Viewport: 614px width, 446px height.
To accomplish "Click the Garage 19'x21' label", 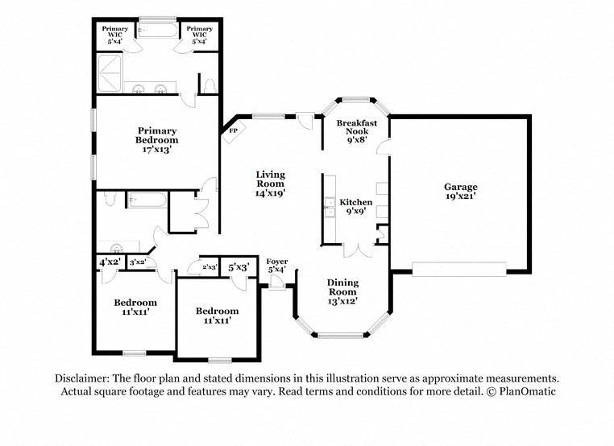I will (x=460, y=191).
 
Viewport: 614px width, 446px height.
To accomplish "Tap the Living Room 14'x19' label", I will (x=270, y=184).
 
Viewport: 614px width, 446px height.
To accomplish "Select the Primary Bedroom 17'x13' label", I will (x=156, y=139).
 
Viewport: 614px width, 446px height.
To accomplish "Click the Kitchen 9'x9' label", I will (x=355, y=207).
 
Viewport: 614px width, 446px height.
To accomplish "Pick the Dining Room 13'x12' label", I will (x=342, y=291).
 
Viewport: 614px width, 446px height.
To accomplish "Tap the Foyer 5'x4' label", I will (x=276, y=266).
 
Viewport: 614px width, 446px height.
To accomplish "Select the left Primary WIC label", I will (x=114, y=34).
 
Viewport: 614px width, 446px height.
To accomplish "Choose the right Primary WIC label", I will (x=199, y=34).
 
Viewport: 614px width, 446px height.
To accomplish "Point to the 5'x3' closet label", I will (x=239, y=267).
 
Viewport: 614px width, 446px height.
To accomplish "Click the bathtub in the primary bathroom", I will (x=157, y=31).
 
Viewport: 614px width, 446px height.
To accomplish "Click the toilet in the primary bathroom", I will (x=210, y=83).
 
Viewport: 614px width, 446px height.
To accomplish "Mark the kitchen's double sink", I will (x=330, y=208).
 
